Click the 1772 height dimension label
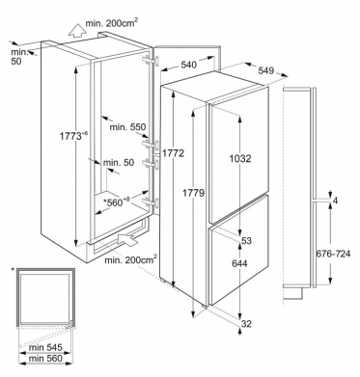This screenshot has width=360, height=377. [173, 153]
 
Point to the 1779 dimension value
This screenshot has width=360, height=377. [194, 193]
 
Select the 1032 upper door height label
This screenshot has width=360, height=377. [240, 158]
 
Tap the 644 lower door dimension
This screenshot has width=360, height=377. [239, 263]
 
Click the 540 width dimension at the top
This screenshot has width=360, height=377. [188, 65]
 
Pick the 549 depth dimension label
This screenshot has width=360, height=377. [265, 70]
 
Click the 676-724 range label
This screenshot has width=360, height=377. [333, 254]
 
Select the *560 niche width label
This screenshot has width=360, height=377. [117, 202]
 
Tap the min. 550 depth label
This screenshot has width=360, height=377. [127, 127]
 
